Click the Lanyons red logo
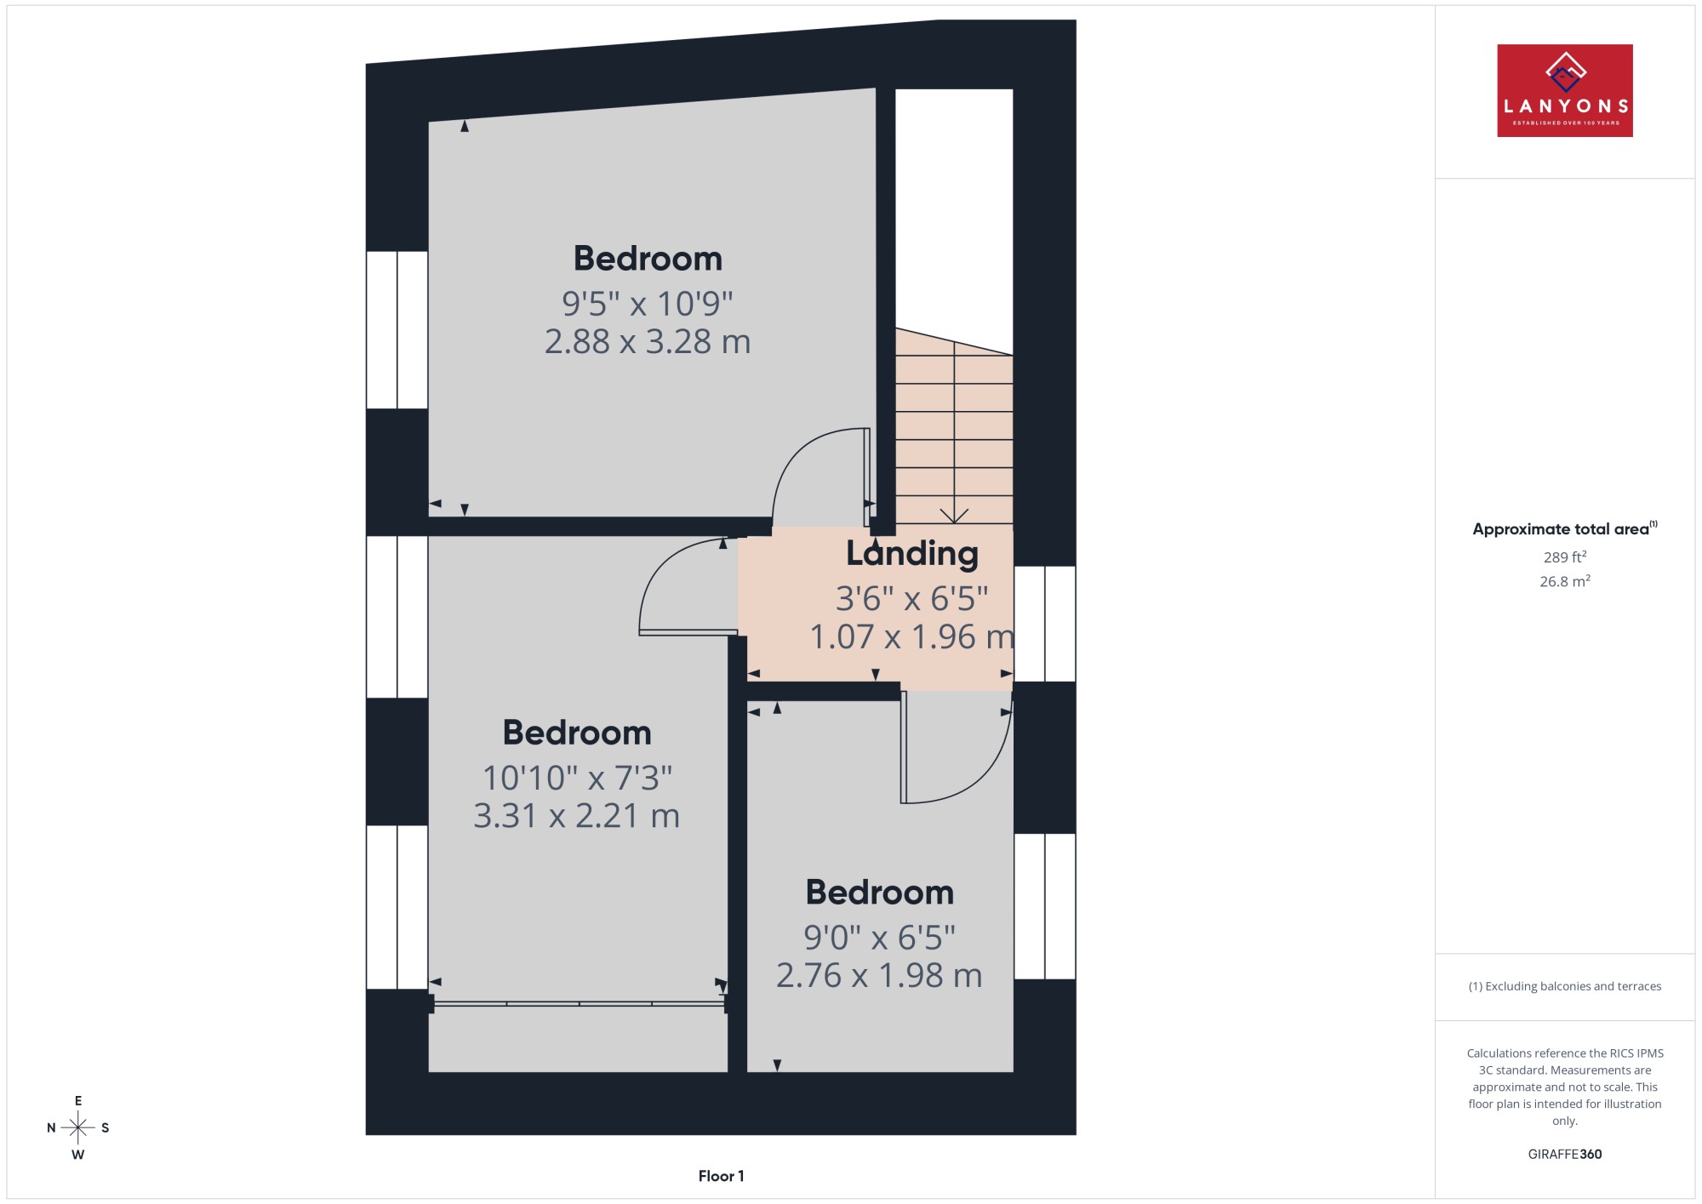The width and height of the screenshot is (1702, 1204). pyautogui.click(x=1564, y=90)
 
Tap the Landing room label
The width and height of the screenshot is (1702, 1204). pyautogui.click(x=911, y=554)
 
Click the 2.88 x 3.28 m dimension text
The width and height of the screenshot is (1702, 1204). pyautogui.click(x=648, y=341)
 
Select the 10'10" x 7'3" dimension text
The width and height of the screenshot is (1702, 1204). pyautogui.click(x=577, y=778)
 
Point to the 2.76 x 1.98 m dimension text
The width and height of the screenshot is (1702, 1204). pyautogui.click(x=879, y=975)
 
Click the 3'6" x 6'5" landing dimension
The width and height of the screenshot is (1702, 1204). pyautogui.click(x=911, y=599)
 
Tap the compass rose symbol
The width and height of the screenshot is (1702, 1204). pyautogui.click(x=78, y=1128)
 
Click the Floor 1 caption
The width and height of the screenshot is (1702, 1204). pyautogui.click(x=721, y=1176)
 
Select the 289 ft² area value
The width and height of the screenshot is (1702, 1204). pyautogui.click(x=1564, y=557)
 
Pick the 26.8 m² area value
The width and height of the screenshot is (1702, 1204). pyautogui.click(x=1564, y=581)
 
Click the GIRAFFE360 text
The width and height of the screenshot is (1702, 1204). pyautogui.click(x=1564, y=1155)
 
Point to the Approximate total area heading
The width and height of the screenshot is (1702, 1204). pyautogui.click(x=1564, y=528)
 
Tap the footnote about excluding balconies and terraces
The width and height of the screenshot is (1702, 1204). pyautogui.click(x=1564, y=986)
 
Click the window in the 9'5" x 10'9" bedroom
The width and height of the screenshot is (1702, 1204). pyautogui.click(x=397, y=330)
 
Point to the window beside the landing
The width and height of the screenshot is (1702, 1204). pyautogui.click(x=1044, y=624)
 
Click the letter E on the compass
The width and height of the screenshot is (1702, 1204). pyautogui.click(x=78, y=1101)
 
